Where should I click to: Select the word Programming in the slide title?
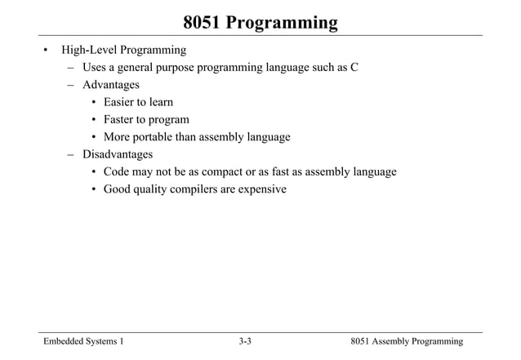pos(282,22)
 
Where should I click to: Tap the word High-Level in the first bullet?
pos(87,51)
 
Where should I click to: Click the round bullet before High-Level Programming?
pos(46,51)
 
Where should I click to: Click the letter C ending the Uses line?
pos(354,67)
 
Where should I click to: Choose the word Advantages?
pos(110,84)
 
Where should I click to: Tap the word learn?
pos(160,102)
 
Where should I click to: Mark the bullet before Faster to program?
pos(95,119)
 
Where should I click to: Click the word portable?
pos(158,137)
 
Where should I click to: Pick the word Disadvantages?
pos(117,154)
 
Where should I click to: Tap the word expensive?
pos(261,189)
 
